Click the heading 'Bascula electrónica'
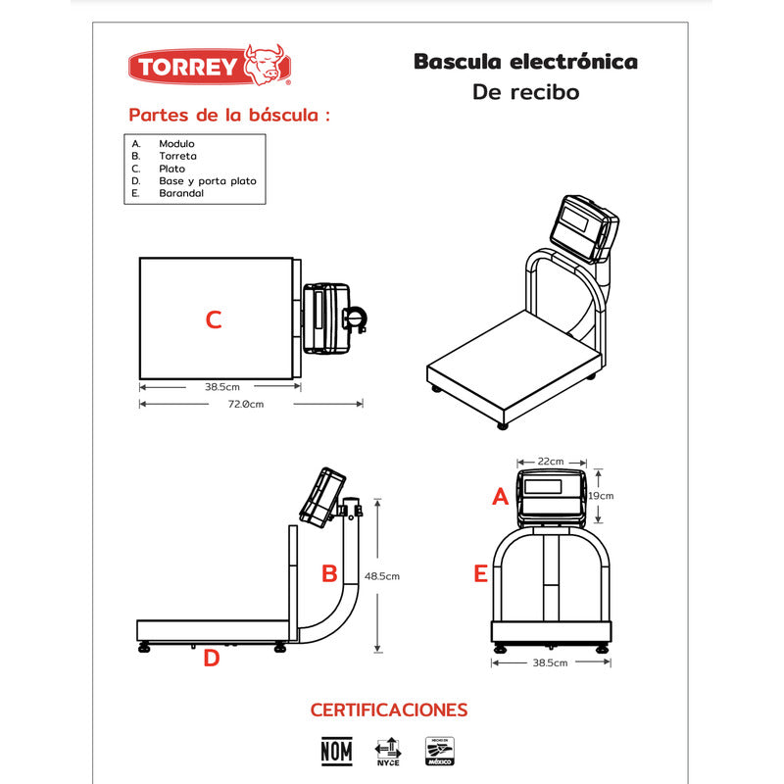[525, 63]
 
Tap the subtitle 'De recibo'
[525, 93]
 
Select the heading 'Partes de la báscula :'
[229, 116]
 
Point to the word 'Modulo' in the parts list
[176, 143]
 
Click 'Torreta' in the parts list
[177, 156]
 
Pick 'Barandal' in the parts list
[181, 194]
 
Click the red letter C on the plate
[214, 319]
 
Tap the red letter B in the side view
[330, 573]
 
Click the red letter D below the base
[212, 659]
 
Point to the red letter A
[500, 498]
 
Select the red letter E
[480, 574]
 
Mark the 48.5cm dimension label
[381, 576]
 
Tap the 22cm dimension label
[551, 462]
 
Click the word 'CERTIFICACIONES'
[389, 710]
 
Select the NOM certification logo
[336, 751]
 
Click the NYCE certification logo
[388, 751]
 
